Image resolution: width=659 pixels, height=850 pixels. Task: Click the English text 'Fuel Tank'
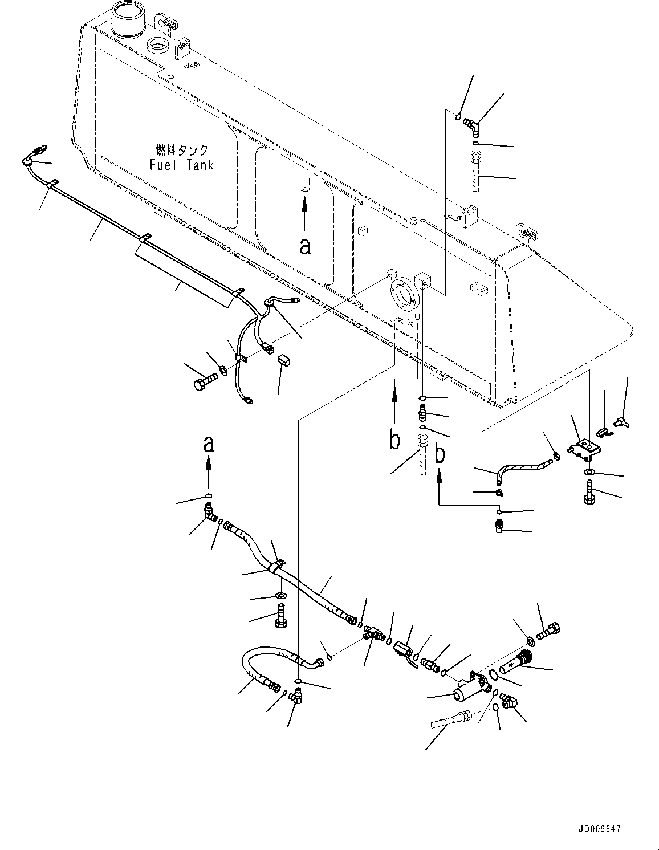[x=182, y=165]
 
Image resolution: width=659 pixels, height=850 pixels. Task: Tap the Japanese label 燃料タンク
[x=182, y=150]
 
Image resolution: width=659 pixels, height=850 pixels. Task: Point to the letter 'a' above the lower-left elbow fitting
[x=209, y=443]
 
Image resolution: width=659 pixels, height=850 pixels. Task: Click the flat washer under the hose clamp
[x=280, y=596]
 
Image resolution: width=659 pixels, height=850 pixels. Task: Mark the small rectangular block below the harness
[x=283, y=360]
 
